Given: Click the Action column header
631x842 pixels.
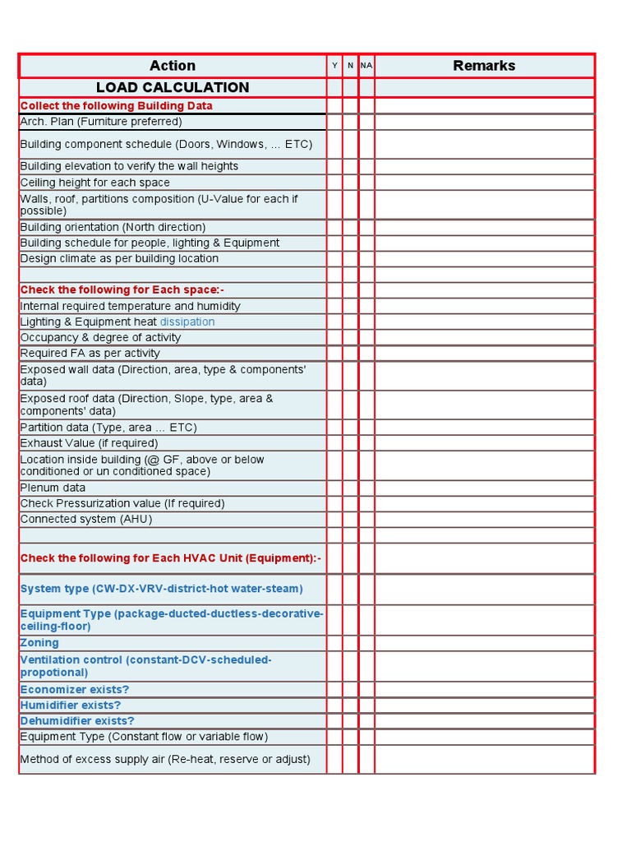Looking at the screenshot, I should [x=173, y=66].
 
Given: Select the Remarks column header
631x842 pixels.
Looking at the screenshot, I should [x=484, y=66].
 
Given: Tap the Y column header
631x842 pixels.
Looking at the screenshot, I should [x=334, y=66].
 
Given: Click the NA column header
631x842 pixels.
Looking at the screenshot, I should [x=366, y=66].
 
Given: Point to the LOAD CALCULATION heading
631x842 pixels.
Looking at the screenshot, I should [x=173, y=88].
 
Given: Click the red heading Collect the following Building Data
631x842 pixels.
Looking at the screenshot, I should [x=116, y=106].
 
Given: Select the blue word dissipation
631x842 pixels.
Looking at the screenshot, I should [x=187, y=322].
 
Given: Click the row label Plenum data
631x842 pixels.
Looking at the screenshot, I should [x=53, y=488].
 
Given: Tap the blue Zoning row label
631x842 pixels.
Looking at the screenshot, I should [x=39, y=643].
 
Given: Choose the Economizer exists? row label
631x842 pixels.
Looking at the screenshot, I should [x=75, y=690].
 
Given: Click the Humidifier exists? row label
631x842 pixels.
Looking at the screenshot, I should [x=71, y=706].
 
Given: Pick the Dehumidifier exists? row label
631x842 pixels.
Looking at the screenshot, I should [x=77, y=721].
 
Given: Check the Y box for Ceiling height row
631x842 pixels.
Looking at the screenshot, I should [x=334, y=183].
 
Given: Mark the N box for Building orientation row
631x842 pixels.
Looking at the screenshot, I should [x=351, y=228].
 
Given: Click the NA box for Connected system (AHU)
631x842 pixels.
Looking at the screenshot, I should [x=366, y=520].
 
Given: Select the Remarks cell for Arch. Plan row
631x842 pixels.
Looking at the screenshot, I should [x=484, y=122].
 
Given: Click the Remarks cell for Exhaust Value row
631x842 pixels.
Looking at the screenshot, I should [x=484, y=443].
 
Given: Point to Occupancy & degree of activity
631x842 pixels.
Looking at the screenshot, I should [x=100, y=338].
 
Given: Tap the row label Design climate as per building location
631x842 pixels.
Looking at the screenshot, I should [x=119, y=259].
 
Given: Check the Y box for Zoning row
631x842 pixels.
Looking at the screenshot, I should [x=334, y=643].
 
